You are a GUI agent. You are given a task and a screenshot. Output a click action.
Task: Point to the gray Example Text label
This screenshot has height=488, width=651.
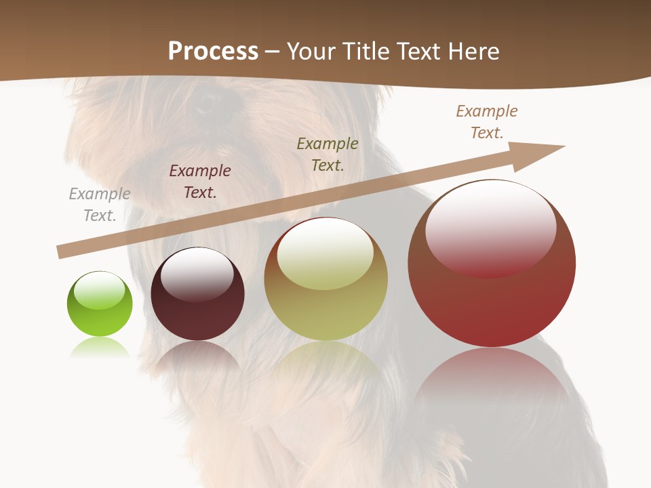click(x=100, y=205)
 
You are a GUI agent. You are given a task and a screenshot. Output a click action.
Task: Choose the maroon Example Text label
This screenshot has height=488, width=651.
click(x=200, y=182)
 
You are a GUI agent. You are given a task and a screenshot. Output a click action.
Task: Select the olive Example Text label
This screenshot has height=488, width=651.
click(x=328, y=154)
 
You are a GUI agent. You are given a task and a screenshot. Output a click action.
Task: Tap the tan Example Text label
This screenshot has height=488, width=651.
click(x=487, y=122)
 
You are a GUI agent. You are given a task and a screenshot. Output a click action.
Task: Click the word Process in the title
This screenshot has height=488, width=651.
click(x=213, y=51)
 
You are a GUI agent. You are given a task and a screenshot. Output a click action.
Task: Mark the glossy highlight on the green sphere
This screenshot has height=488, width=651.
click(x=100, y=290)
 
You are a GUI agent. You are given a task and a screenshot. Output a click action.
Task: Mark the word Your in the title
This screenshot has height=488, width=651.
click(x=312, y=51)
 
